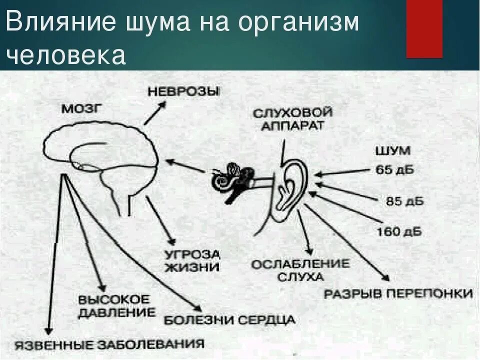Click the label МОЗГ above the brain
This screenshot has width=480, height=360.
tap(81, 109)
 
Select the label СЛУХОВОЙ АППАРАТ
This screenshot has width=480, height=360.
tap(292, 118)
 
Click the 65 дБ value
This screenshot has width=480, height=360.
tap(395, 169)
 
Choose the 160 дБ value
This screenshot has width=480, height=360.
tap(398, 231)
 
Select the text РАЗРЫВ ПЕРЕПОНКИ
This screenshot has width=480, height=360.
tap(398, 293)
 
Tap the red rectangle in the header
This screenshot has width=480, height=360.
tap(424, 28)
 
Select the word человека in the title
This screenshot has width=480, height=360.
tap(65, 55)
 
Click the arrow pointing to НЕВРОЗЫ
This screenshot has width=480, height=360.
tap(154, 112)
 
